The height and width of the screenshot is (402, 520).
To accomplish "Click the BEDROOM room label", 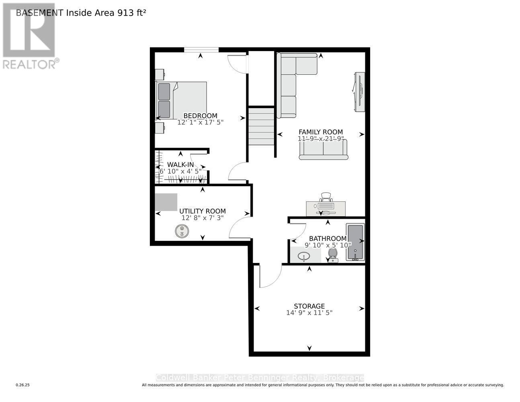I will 200,116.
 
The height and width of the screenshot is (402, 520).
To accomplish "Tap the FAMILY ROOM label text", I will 320,132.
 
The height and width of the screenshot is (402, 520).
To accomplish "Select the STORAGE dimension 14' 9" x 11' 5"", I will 309,313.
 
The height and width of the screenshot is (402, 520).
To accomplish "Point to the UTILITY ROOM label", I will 202,211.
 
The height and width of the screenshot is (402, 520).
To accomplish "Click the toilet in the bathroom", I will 333,254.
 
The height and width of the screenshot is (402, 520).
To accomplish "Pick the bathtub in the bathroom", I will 355,242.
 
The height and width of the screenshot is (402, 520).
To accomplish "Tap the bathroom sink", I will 304,256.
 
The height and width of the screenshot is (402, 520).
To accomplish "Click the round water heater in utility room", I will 182,231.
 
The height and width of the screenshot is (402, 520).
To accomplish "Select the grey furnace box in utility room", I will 166,202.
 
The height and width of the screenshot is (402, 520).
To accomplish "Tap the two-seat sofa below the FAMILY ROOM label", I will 323,150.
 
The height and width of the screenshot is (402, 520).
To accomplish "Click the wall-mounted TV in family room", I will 359,92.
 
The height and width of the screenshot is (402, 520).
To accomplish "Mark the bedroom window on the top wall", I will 201,50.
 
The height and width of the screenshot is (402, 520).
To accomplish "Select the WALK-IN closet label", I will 180,164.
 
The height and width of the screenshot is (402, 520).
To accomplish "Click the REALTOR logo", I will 29,36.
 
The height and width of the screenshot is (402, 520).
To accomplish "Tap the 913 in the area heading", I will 125,12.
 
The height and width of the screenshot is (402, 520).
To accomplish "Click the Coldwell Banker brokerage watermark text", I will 260,377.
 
